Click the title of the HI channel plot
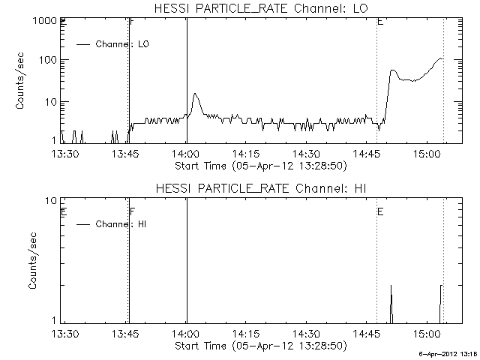click(259, 187)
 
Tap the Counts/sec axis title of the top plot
click(21, 81)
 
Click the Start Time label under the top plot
click(259, 165)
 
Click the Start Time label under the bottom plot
click(259, 346)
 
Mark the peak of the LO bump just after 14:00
click(196, 94)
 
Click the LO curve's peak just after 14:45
click(393, 70)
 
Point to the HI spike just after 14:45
click(391, 286)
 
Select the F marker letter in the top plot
click(133, 22)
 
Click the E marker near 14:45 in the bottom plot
click(380, 212)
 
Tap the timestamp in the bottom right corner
click(448, 353)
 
